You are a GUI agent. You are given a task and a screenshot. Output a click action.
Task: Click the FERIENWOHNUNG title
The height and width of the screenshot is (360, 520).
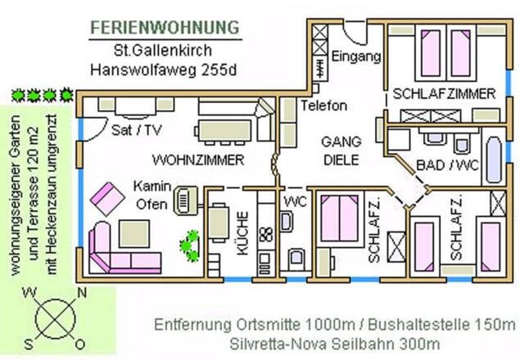tap(165, 28)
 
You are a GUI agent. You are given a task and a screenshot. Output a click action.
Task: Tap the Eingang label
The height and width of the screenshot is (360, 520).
tap(356, 56)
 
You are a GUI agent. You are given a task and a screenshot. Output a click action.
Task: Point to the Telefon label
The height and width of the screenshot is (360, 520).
tap(324, 106)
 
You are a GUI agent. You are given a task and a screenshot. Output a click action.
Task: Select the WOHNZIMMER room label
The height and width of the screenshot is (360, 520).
tap(198, 160)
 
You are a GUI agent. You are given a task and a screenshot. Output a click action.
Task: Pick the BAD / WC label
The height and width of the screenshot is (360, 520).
tap(447, 164)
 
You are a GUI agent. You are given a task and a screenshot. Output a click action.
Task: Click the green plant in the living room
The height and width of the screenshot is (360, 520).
tap(190, 245)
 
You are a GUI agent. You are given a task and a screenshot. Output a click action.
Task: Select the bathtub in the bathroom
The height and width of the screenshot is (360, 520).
tap(494, 160)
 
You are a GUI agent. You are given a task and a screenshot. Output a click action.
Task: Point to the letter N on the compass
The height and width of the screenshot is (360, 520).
tap(82, 293)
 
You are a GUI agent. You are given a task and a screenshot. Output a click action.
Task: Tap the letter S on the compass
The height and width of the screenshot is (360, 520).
tap(29, 344)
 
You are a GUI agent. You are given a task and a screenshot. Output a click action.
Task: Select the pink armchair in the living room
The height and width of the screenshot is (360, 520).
tap(107, 199)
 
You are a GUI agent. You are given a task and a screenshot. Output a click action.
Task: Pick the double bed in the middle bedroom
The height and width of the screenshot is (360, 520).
tap(340, 218)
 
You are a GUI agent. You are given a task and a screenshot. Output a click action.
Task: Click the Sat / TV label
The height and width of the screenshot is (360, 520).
tap(136, 130)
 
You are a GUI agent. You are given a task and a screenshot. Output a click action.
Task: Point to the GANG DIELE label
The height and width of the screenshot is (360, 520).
tap(341, 151)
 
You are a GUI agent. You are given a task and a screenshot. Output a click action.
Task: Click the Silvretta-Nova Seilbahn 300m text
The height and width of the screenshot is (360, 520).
tap(335, 344)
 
